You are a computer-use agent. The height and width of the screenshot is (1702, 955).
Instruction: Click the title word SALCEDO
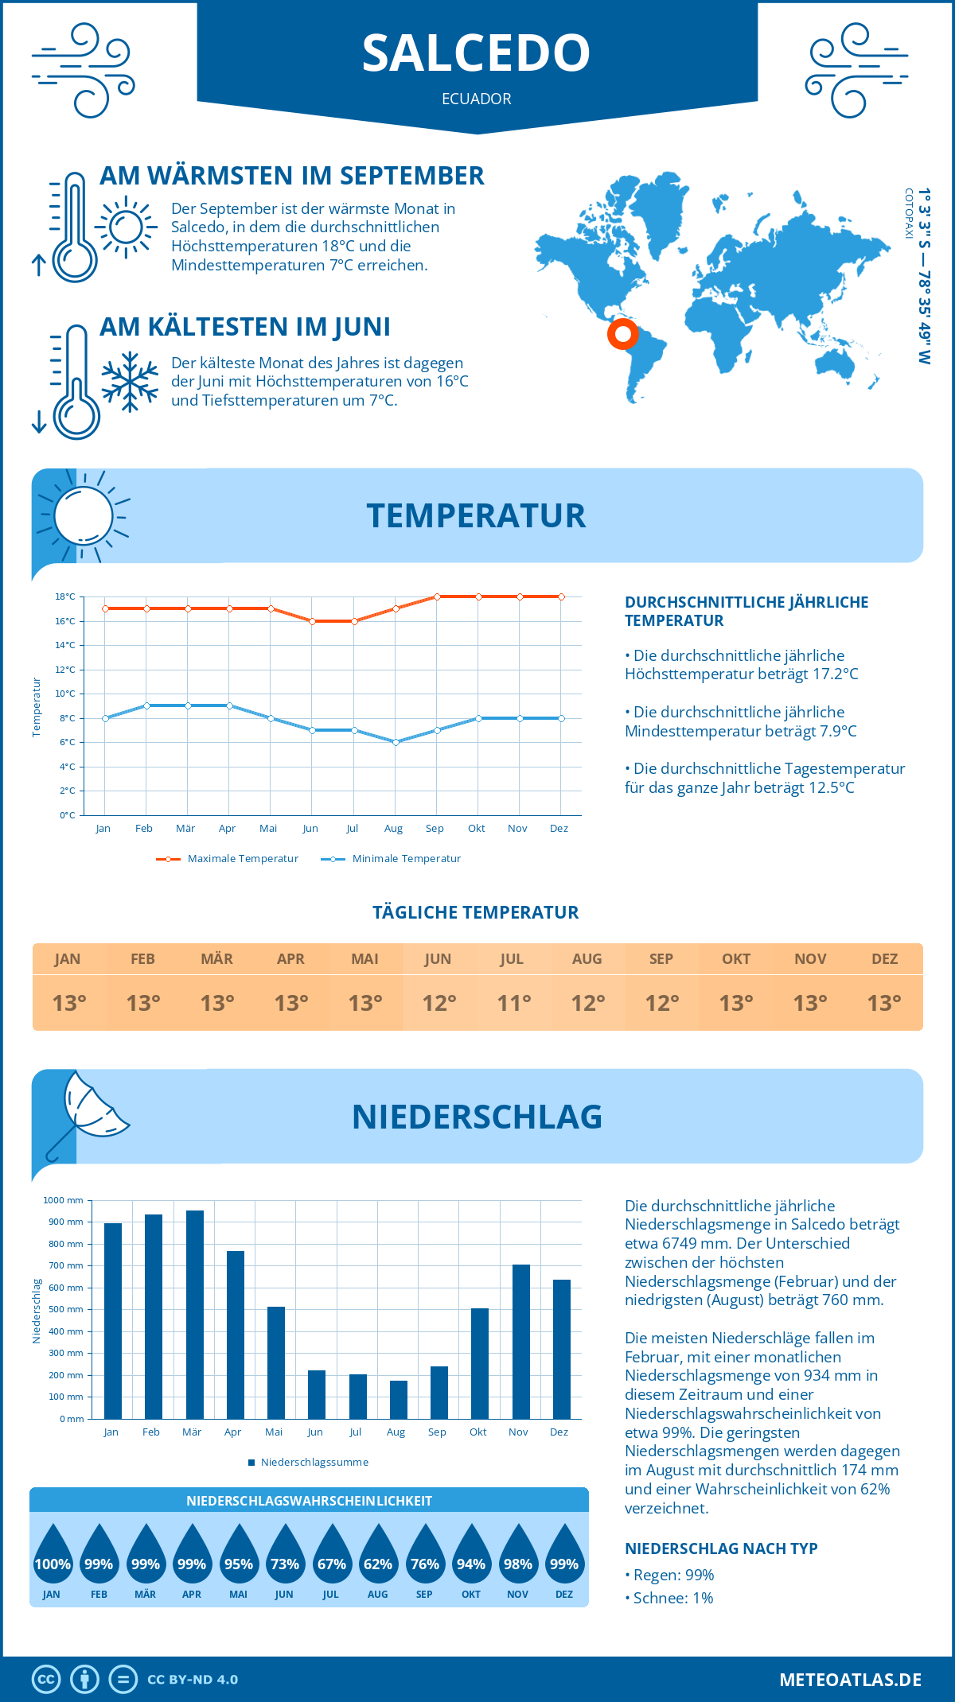tap(476, 53)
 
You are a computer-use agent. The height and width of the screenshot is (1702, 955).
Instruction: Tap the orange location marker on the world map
tap(622, 333)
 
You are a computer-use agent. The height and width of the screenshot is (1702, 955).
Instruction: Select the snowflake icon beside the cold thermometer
tap(130, 382)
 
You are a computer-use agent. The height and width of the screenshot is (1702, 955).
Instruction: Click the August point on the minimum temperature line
tap(396, 742)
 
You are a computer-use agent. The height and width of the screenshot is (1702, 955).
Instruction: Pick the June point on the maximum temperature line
tap(312, 621)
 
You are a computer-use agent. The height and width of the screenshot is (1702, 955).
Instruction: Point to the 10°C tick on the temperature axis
tap(65, 694)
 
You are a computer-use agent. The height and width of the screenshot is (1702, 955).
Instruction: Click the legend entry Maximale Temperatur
tap(228, 859)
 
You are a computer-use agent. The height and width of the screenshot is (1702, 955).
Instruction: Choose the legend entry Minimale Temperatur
tap(391, 859)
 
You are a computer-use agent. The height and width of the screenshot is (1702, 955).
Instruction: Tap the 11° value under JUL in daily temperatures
tap(513, 1003)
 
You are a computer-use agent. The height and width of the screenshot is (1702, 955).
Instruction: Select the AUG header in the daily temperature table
tap(587, 959)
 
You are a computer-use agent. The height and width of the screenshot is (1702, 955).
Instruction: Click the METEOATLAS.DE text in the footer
tap(850, 1680)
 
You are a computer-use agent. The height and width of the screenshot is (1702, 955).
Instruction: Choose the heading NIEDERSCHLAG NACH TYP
tap(721, 1549)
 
